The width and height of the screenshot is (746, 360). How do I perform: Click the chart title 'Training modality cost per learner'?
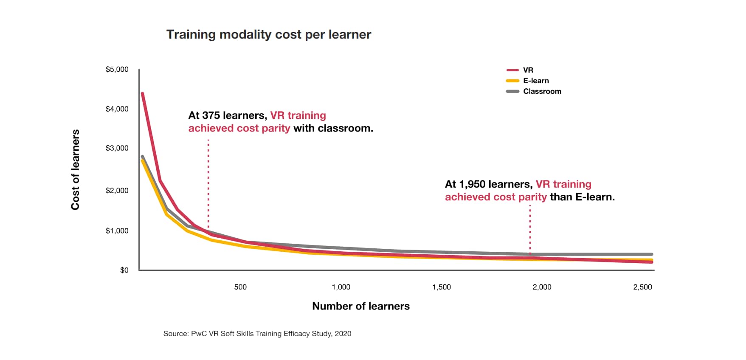coord(268,34)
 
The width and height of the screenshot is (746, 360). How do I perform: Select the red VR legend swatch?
coord(512,70)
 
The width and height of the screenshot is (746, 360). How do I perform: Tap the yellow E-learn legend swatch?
coord(512,81)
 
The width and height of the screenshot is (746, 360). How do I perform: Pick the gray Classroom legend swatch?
coord(512,91)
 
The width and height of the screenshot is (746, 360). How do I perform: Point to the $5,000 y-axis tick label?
coord(117,69)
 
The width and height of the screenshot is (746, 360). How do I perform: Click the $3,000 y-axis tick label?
coord(117,148)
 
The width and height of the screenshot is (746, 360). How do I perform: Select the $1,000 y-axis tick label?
coord(117,231)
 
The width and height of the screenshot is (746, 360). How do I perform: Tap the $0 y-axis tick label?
coord(124,270)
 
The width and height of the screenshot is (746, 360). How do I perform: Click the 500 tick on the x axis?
coord(240,287)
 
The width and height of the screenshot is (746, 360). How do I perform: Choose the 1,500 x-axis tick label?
coord(442,287)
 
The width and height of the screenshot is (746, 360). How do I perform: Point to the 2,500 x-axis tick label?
coord(642,287)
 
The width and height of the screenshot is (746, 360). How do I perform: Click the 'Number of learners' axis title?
coord(360,306)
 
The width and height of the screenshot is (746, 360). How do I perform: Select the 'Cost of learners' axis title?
coord(75,169)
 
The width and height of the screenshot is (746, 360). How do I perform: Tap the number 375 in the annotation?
coord(211,115)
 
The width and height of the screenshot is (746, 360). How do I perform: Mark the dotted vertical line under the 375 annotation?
coord(208,183)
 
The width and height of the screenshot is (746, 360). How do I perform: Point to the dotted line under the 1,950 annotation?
coord(530,229)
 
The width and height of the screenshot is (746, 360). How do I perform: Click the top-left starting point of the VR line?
coord(143,93)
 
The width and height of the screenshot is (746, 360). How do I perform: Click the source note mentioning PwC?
coord(257,334)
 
